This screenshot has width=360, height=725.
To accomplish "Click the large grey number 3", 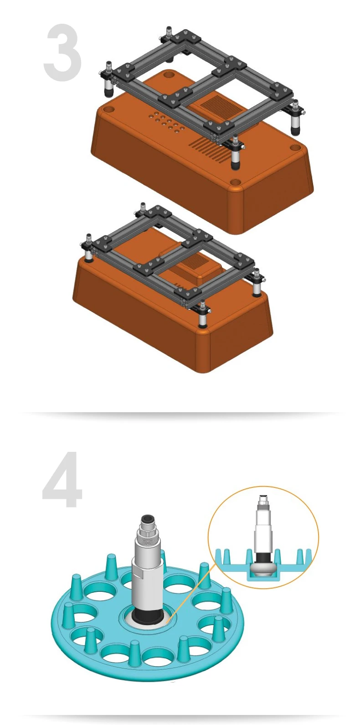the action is [x=62, y=52].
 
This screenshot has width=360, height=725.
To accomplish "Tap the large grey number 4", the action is [x=62, y=479].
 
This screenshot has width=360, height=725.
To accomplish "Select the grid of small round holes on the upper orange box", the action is [x=166, y=122].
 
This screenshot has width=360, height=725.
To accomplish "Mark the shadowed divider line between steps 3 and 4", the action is [x=180, y=413].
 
